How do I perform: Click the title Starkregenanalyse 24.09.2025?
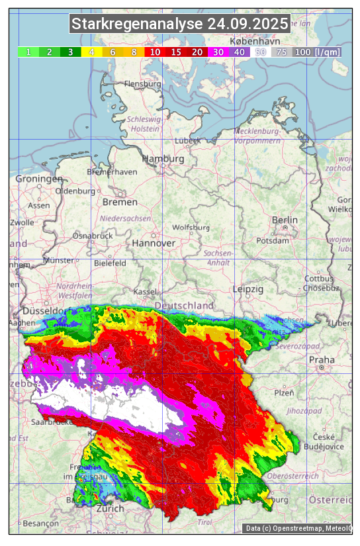(x=180, y=24)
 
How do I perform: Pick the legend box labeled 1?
(x=28, y=52)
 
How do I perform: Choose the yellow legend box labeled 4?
(x=92, y=52)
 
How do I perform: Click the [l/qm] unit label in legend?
(x=328, y=52)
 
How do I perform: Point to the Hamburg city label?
(x=163, y=159)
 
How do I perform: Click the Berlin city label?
(x=285, y=220)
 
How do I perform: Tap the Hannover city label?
(x=154, y=243)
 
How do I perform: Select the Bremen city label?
(x=120, y=202)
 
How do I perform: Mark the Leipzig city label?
(x=248, y=289)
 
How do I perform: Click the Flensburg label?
(x=142, y=85)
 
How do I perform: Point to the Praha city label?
(x=322, y=359)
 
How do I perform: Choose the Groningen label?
(x=39, y=179)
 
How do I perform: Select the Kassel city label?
(x=145, y=292)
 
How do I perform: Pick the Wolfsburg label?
(x=191, y=227)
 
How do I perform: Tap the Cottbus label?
(x=319, y=279)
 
